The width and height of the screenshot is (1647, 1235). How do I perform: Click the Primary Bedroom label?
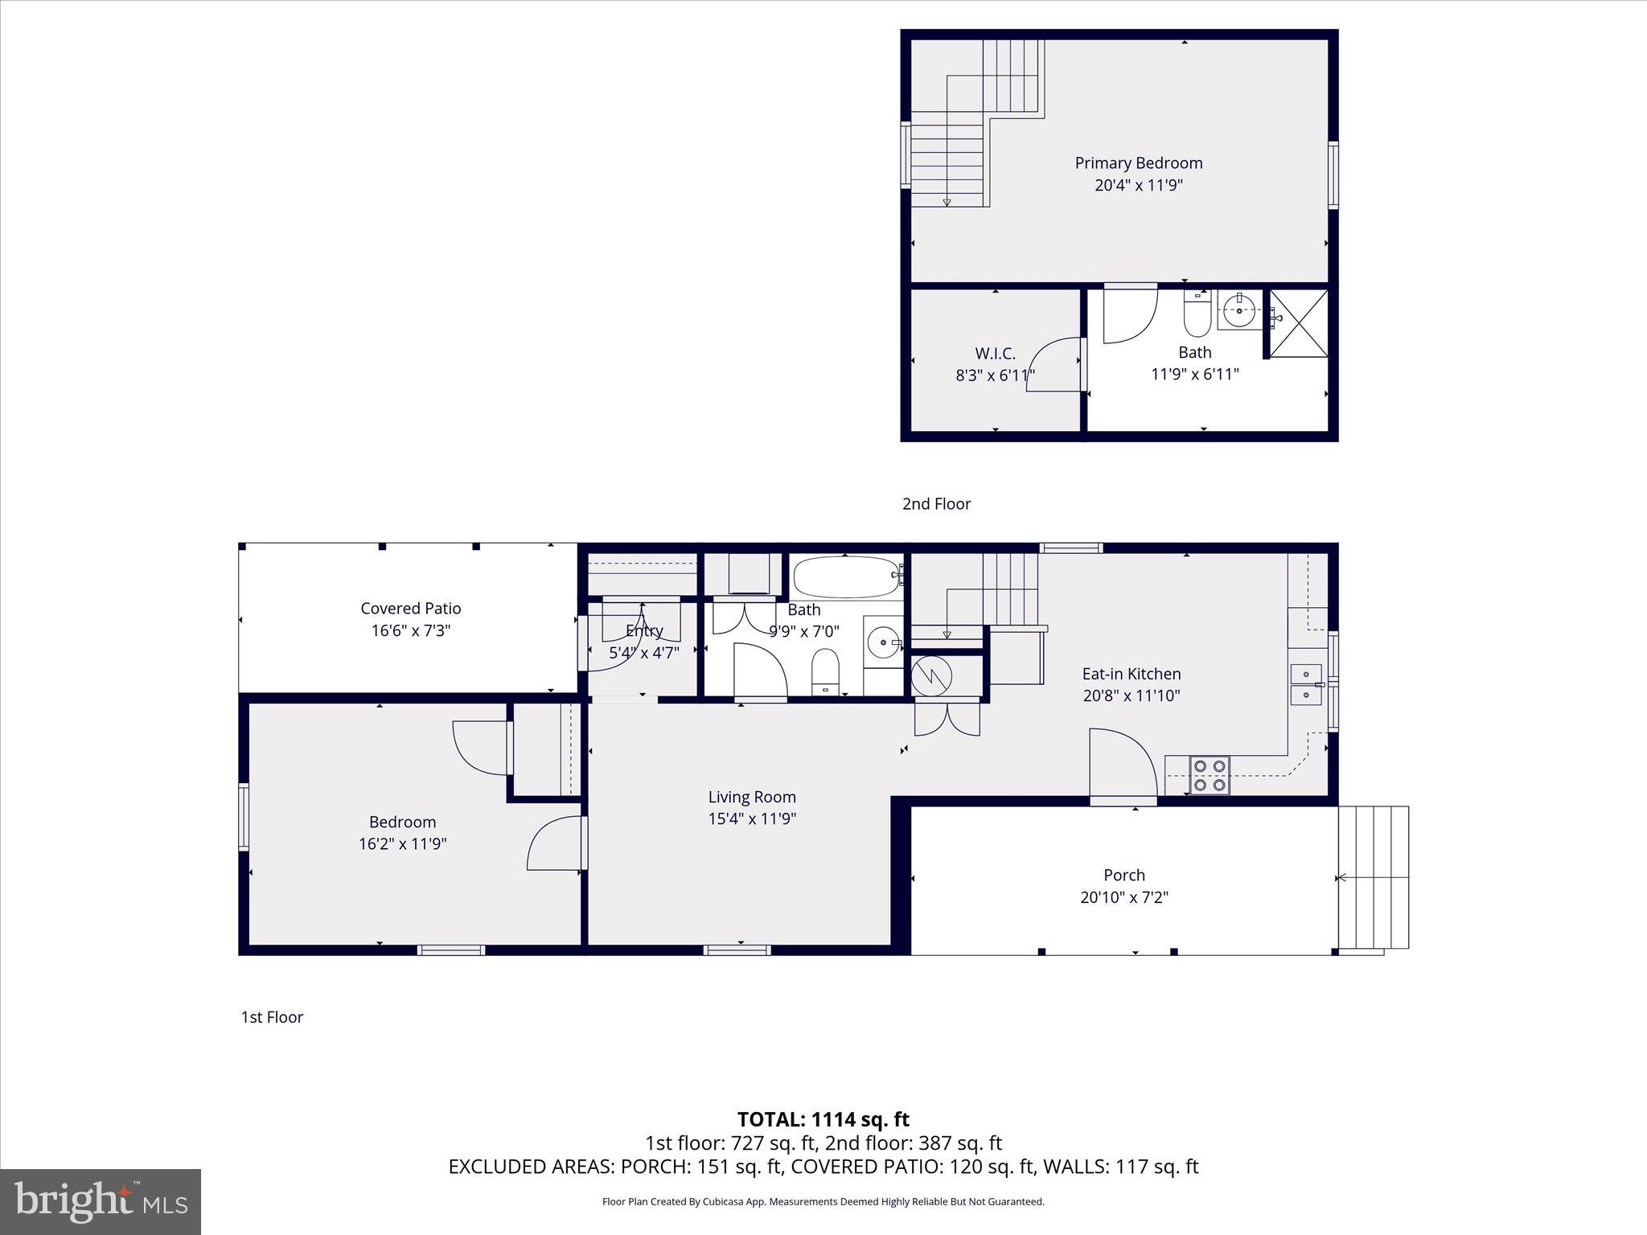1138,163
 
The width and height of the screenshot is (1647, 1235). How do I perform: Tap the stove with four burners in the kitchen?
1209,775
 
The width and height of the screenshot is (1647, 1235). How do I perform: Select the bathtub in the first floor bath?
845,576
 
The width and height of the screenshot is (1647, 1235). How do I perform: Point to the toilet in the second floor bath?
1197,317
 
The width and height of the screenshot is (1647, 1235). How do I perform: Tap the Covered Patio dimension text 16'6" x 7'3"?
410,630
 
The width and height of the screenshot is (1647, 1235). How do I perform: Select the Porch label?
1123,875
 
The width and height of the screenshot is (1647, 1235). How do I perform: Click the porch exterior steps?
1374,877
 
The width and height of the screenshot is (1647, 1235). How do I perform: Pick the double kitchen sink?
1305,684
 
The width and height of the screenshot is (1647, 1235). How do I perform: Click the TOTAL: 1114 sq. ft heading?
823,1119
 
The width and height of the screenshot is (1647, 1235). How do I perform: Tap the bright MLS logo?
101,1202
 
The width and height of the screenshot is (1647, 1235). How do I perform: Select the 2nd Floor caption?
936,504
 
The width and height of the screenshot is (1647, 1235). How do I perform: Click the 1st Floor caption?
272,1017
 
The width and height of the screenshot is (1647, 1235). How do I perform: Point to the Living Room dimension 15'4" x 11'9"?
752,819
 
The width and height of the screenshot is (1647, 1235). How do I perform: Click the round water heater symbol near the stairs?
931,676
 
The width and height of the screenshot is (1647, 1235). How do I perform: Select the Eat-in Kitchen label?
1131,674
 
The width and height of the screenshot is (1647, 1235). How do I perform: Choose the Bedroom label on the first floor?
402,822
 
